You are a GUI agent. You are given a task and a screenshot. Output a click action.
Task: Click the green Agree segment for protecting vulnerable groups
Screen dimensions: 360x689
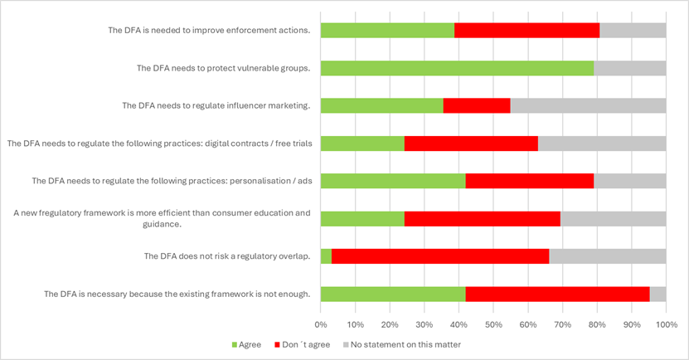[457, 68]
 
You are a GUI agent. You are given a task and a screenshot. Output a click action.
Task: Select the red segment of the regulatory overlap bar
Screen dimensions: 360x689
[440, 256]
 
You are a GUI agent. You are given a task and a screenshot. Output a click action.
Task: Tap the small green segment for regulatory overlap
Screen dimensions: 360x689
[326, 256]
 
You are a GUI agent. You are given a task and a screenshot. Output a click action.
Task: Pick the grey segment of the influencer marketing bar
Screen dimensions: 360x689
[588, 105]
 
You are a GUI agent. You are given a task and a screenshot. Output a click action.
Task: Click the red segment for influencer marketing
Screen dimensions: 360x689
[477, 105]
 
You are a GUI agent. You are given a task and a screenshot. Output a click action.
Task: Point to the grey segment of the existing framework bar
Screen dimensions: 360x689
[657, 294]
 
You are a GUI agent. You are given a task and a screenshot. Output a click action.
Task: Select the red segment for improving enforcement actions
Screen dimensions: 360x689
[526, 31]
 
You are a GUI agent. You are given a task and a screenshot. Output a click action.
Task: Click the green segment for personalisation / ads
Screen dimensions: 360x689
[393, 181]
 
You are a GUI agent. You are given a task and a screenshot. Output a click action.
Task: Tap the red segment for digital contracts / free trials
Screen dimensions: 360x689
[471, 144]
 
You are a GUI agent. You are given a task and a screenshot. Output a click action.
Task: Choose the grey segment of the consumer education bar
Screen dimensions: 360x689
[613, 219]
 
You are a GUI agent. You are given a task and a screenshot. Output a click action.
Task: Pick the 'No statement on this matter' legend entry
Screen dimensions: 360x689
[401, 344]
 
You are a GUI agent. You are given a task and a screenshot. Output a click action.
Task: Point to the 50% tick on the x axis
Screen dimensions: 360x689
[493, 324]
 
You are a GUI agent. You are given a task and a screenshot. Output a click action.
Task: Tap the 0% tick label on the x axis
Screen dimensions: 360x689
[321, 324]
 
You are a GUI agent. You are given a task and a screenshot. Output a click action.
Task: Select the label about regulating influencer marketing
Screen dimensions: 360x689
[216, 105]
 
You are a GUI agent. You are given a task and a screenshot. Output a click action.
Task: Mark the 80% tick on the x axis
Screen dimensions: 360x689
[597, 324]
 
